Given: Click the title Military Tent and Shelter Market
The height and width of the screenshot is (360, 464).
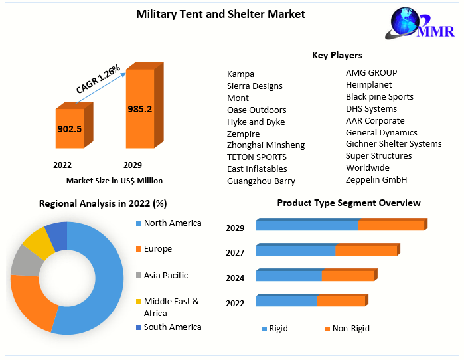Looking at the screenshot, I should [x=220, y=14].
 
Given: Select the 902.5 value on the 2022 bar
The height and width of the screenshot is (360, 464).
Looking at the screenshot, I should [x=69, y=129].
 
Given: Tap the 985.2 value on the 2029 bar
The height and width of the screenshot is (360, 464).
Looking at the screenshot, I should [x=140, y=109].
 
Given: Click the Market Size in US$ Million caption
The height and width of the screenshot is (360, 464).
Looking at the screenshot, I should [x=114, y=180].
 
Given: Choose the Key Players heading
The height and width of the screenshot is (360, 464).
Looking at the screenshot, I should [x=337, y=55].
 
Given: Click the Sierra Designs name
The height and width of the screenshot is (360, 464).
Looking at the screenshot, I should [x=254, y=86].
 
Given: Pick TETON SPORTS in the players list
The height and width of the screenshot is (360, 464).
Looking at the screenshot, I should [x=256, y=157].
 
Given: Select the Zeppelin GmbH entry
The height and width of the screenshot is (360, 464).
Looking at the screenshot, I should [x=376, y=179].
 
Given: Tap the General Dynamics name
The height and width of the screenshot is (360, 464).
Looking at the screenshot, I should [x=381, y=132].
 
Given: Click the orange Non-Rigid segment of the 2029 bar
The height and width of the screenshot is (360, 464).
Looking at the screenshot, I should [x=390, y=226].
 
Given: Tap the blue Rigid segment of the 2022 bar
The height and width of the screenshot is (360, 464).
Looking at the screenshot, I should [x=285, y=301].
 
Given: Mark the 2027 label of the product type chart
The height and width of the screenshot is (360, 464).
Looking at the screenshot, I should [x=235, y=252].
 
